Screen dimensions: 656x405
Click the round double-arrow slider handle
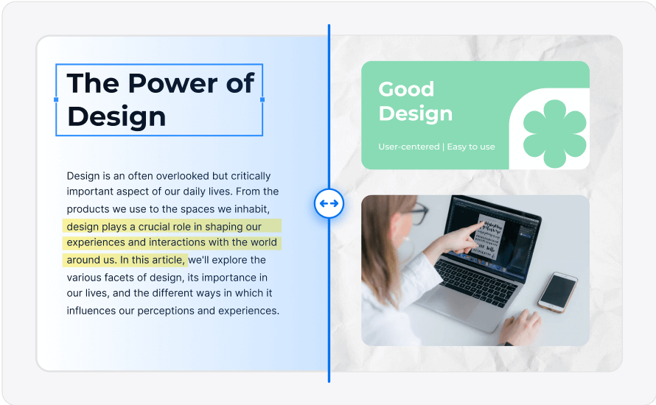[x=329, y=203]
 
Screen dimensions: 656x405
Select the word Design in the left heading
[x=116, y=116]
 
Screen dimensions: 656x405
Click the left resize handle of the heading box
[x=56, y=99]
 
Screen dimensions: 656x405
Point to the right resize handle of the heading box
[x=262, y=99]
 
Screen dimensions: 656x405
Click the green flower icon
[x=555, y=134]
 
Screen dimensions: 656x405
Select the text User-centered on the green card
[x=409, y=147]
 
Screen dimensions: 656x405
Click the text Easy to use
[x=471, y=147]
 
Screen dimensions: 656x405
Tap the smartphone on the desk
[x=558, y=292]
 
